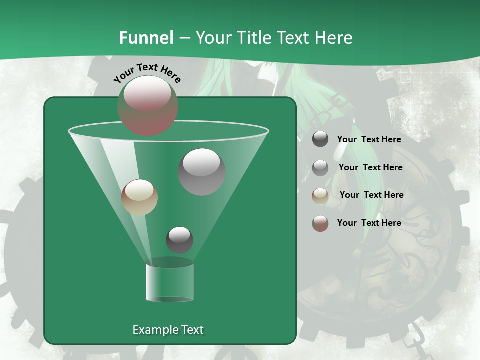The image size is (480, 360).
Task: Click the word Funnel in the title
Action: tap(146, 38)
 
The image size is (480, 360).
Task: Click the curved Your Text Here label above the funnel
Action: tap(147, 73)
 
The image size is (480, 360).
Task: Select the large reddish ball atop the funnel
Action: tap(148, 106)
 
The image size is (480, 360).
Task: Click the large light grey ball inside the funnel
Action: tap(201, 172)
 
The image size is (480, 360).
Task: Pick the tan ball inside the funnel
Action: tap(139, 197)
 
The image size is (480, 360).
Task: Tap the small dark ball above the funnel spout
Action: tap(179, 240)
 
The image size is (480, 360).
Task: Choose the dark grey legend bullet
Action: tap(320, 139)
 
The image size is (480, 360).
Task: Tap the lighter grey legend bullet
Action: tap(320, 168)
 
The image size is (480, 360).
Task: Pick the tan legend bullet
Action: tap(320, 196)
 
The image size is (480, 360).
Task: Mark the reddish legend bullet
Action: tap(320, 223)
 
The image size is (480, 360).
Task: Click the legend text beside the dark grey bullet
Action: tap(369, 140)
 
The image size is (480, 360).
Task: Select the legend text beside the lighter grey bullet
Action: tap(370, 168)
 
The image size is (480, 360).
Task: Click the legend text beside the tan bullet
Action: tap(371, 195)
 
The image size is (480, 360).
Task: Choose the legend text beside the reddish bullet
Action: tap(369, 223)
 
